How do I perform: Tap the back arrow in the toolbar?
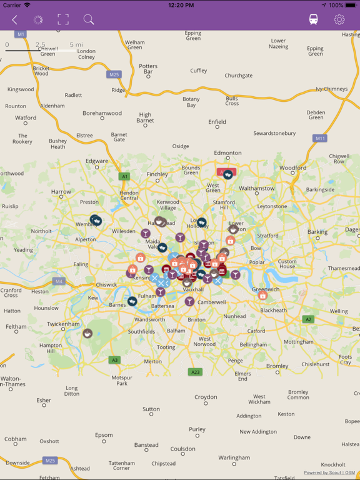14,20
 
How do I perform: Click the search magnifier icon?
89,20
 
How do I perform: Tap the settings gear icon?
339,20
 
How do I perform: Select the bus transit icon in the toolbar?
313,20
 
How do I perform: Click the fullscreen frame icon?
63,20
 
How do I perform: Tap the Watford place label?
26,117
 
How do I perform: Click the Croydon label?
206,397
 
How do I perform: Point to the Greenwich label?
266,289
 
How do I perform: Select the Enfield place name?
217,122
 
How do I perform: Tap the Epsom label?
104,435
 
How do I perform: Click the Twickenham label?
63,324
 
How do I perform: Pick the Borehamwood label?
102,113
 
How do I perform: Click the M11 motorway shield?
320,138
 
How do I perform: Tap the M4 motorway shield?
59,281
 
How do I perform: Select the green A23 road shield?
195,372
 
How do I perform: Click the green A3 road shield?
114,360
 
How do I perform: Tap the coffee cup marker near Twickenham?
87,334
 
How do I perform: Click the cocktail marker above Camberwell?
189,301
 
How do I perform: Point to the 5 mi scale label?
76,44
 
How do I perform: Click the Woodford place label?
292,168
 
